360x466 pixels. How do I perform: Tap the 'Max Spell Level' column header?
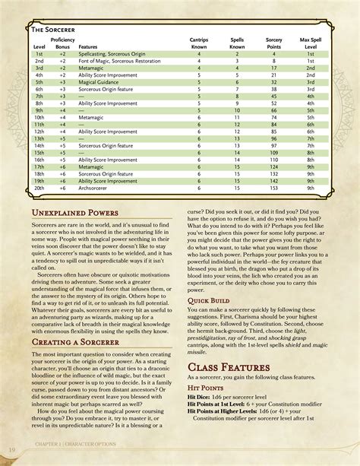[311, 43]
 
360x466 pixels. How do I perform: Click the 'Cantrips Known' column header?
[199, 43]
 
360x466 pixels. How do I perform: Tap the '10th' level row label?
[39, 118]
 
